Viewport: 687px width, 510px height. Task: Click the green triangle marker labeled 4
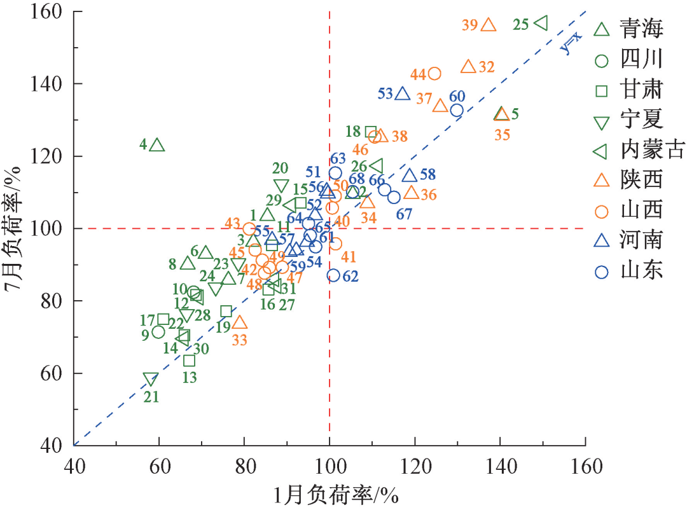point(157,146)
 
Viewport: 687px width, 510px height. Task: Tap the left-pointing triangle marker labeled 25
point(541,23)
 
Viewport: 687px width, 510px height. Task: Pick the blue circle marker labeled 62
point(333,275)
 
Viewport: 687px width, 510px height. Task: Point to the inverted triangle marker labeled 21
point(150,380)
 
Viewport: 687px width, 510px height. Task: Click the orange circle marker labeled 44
point(434,74)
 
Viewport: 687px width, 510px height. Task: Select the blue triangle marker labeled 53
point(402,94)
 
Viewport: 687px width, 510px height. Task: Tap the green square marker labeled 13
point(189,361)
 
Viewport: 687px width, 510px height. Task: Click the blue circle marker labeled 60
point(457,111)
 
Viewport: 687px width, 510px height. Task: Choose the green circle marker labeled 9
point(158,332)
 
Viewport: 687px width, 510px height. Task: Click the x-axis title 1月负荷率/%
point(330,495)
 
